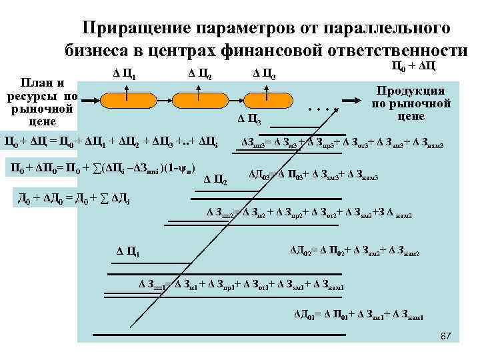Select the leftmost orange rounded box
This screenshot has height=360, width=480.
click(128, 100)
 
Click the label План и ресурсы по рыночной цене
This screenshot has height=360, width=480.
click(43, 103)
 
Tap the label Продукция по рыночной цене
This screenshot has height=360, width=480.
click(411, 103)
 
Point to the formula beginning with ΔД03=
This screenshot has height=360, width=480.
click(313, 175)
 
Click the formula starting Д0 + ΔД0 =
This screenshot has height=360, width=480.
click(81, 199)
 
